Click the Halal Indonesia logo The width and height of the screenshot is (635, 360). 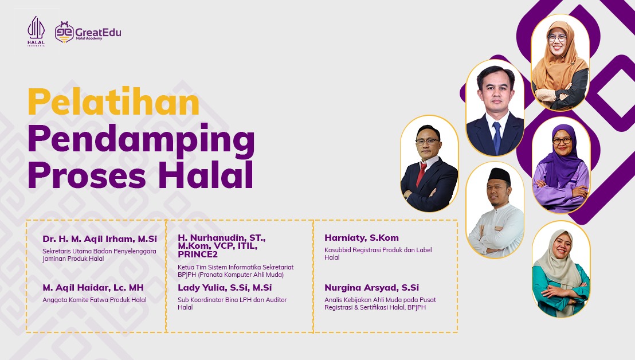click(x=36, y=31)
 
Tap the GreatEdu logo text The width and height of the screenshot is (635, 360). click(x=98, y=33)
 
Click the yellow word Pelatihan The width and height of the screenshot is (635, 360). click(x=113, y=101)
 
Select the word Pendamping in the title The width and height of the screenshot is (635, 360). click(x=142, y=140)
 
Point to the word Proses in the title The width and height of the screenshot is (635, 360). click(x=87, y=175)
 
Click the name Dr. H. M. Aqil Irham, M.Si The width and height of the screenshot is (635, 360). click(x=100, y=239)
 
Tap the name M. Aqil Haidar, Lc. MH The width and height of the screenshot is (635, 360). click(x=93, y=288)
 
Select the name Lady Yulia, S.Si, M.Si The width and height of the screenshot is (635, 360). click(x=225, y=288)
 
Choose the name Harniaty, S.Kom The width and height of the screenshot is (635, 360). click(x=362, y=238)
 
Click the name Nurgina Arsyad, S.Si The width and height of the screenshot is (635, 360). click(x=372, y=288)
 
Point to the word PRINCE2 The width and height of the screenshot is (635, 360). click(x=198, y=255)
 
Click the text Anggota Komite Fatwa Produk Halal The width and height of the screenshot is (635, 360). click(x=95, y=300)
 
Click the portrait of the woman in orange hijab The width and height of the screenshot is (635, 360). click(x=560, y=62)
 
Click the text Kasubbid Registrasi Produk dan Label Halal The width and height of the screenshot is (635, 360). click(x=378, y=253)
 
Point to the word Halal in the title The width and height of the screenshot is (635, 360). click(x=206, y=175)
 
